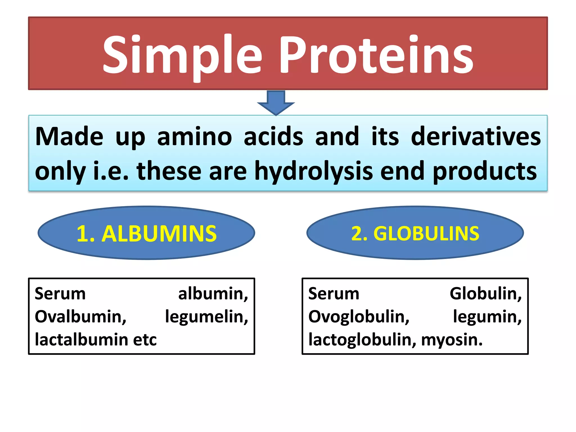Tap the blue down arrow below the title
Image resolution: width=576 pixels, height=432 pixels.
(276, 103)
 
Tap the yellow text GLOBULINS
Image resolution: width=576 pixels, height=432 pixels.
(426, 234)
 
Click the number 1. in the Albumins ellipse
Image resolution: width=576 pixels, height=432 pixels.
(85, 234)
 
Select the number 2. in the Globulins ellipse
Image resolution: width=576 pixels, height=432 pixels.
(359, 234)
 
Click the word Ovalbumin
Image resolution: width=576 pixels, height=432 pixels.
(80, 317)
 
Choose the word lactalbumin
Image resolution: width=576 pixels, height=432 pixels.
(81, 340)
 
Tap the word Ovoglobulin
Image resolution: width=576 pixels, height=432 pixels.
(359, 317)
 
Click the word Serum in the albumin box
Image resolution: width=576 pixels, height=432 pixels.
(60, 294)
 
